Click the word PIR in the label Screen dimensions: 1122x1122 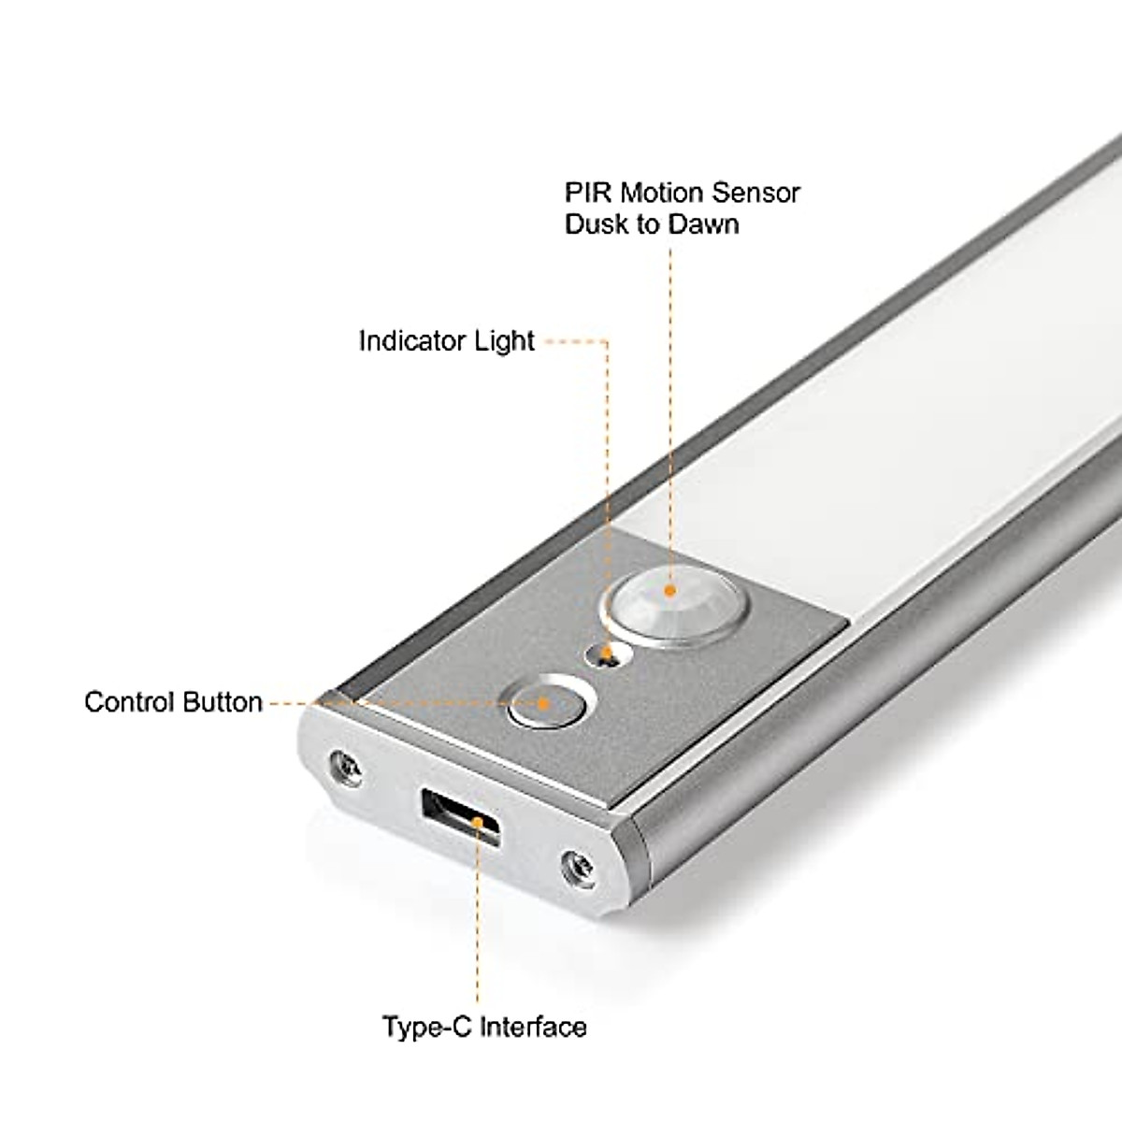[585, 194]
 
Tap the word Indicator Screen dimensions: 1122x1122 [413, 341]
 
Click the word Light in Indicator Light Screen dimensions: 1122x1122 [504, 341]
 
